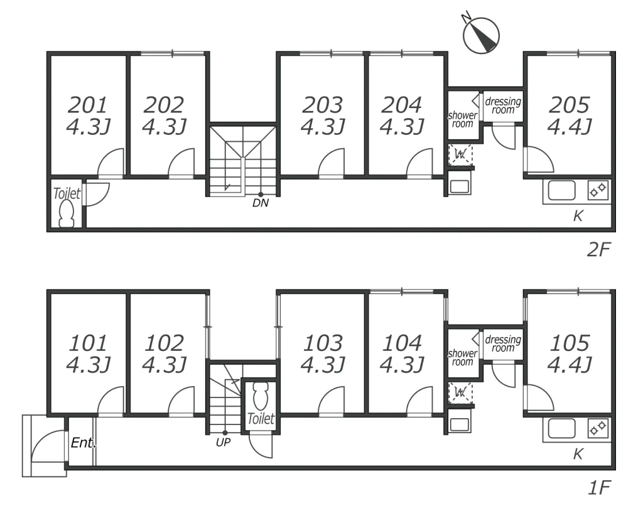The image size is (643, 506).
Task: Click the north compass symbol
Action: pyautogui.click(x=480, y=35)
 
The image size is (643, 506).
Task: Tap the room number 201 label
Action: pyautogui.click(x=87, y=105)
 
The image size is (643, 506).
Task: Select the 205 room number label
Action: pyautogui.click(x=569, y=105)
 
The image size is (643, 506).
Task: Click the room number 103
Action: pyautogui.click(x=323, y=343)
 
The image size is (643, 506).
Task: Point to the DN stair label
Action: pyautogui.click(x=261, y=203)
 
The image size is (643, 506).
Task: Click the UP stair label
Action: pyautogui.click(x=223, y=442)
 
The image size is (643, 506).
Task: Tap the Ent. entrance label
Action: pyautogui.click(x=84, y=443)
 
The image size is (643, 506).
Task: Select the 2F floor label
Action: pyautogui.click(x=598, y=249)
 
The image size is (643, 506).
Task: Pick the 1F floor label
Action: pyautogui.click(x=599, y=488)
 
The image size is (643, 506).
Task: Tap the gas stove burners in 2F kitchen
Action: pyautogui.click(x=598, y=190)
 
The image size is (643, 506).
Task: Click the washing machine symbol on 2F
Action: pyautogui.click(x=460, y=154)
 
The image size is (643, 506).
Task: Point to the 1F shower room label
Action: pyautogui.click(x=463, y=358)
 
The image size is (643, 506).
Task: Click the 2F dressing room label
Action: pyautogui.click(x=503, y=105)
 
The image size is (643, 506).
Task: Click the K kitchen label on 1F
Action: pyautogui.click(x=578, y=454)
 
